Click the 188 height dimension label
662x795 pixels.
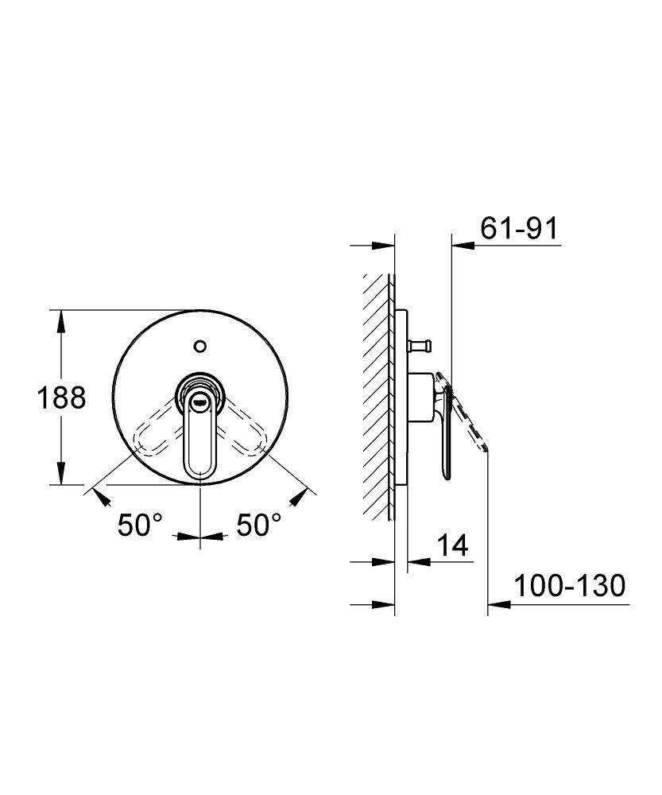[61, 397]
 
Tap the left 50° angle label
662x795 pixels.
[141, 525]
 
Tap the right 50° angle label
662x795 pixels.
[258, 525]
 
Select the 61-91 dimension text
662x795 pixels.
[518, 228]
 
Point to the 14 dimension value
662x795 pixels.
[452, 545]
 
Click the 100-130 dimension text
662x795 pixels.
[570, 586]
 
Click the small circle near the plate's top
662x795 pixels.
[200, 347]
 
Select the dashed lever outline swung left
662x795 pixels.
[157, 428]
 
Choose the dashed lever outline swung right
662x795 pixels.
[242, 428]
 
